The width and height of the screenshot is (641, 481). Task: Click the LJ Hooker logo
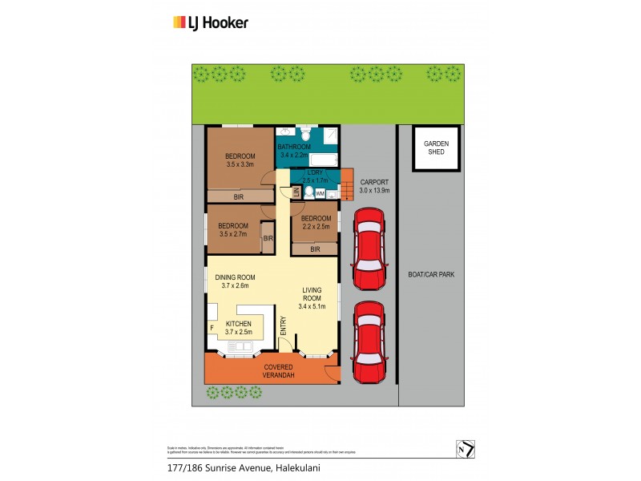point(211,22)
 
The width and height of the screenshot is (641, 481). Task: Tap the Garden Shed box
point(437,148)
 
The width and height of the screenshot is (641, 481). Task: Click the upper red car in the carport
point(370,249)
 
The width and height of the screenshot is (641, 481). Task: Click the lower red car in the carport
point(370,342)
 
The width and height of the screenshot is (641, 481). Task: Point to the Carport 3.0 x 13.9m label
point(374,186)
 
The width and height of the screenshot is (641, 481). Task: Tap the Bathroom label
point(293,151)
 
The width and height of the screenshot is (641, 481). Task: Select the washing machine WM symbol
point(320,193)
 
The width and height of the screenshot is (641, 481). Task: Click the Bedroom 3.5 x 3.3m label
point(240,160)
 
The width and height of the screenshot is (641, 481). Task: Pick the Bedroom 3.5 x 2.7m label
point(233,230)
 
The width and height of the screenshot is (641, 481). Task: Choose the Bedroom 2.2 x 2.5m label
point(316,222)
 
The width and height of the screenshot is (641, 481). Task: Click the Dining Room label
point(235,281)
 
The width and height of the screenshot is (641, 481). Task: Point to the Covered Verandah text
point(279,370)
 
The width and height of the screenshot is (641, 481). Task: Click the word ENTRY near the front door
point(283,325)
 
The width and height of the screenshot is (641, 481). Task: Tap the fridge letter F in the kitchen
point(212,328)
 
